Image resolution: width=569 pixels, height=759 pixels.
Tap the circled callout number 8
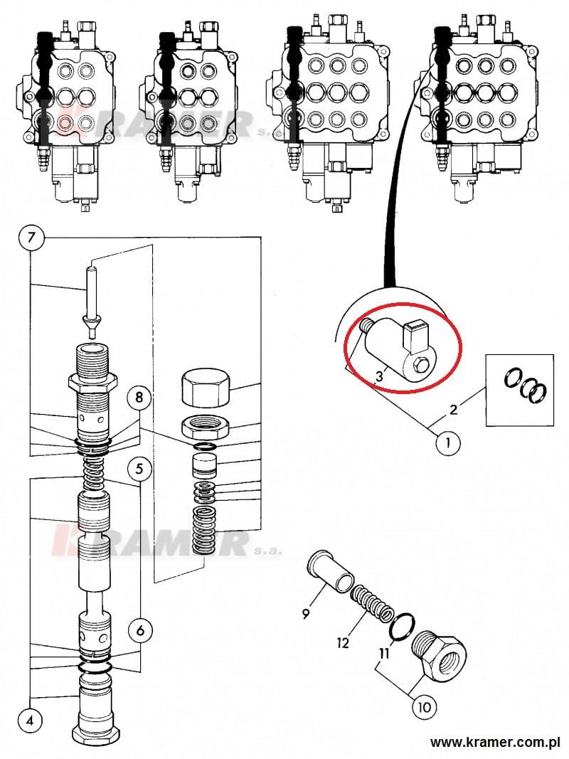tap(139, 398)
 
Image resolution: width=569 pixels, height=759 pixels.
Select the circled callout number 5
tap(139, 469)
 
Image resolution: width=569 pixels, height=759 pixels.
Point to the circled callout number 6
tap(140, 630)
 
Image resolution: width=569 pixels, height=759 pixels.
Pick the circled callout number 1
tap(448, 442)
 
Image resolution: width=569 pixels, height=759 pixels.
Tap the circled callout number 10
tap(424, 707)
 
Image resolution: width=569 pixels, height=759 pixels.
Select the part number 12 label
tap(343, 643)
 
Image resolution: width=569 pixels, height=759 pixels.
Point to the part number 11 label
tap(384, 654)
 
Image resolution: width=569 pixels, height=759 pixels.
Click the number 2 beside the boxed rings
tap(453, 410)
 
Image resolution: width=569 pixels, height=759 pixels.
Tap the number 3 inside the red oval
tap(380, 375)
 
